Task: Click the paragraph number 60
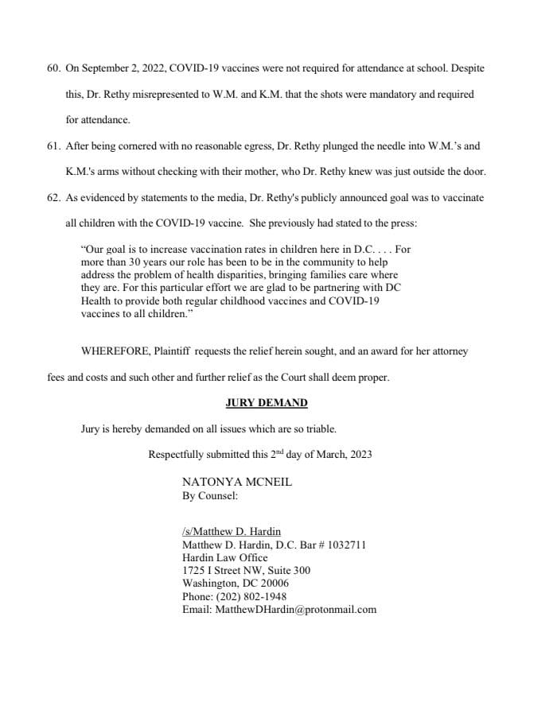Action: [x=54, y=68]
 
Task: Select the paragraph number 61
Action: [x=54, y=146]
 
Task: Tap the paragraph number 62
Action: [x=54, y=198]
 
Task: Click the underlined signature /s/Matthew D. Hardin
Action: [x=232, y=532]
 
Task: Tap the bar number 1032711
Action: [x=342, y=545]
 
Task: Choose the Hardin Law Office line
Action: [x=225, y=557]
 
